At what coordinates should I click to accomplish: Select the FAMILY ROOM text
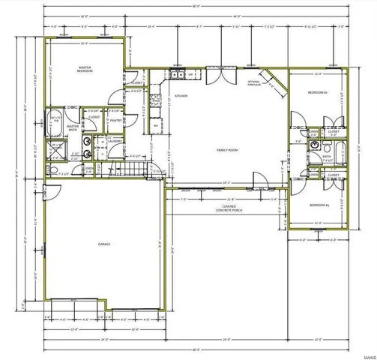tap(227, 150)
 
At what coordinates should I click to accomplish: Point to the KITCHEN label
tap(181, 96)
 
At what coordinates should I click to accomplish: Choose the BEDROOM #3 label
tap(318, 204)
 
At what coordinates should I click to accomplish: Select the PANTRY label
tap(115, 120)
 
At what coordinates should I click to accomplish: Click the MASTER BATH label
tap(73, 127)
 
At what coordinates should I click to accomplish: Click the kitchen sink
tap(177, 74)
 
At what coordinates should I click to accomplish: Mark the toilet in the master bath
tap(54, 170)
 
